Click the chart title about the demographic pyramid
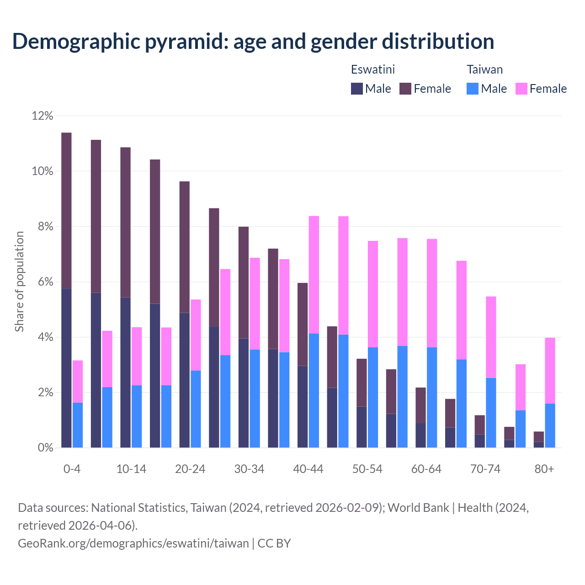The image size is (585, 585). point(253,42)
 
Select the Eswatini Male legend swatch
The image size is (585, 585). point(356,89)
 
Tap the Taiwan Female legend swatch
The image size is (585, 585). point(521,89)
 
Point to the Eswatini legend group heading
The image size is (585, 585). point(372,69)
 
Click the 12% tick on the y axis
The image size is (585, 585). point(43,116)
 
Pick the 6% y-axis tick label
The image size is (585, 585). point(45,282)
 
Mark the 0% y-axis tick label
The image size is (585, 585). point(45,448)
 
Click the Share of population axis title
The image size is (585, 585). point(19,282)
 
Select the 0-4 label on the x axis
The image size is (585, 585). point(72,469)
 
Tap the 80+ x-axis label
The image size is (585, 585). point(544,469)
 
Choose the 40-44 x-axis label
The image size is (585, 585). point(308,469)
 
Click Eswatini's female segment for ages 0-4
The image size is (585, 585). point(67,210)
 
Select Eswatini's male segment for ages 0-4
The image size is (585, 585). point(67,368)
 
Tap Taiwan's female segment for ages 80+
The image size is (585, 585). point(550,370)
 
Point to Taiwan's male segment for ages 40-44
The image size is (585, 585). point(314,390)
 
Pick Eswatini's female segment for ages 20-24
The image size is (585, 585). point(185,247)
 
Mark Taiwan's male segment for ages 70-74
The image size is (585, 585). point(491,413)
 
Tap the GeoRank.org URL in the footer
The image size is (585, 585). point(133,543)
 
